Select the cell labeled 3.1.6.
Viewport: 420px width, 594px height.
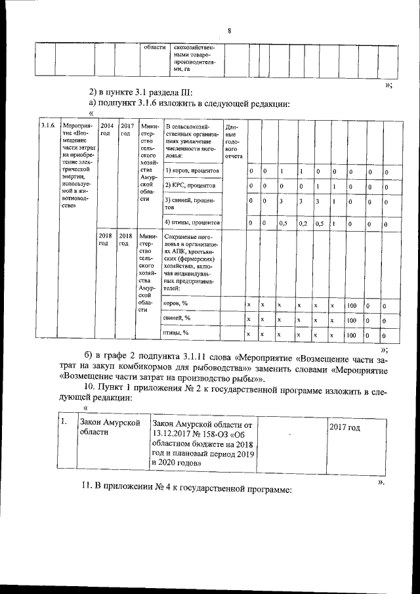coord(47,125)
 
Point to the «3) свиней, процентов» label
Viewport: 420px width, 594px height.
coord(190,203)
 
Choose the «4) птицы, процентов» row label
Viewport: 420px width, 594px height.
coord(191,223)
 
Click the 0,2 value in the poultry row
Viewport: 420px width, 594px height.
coord(303,224)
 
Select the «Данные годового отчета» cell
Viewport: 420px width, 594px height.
coord(234,141)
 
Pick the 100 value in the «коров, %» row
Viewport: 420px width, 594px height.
coord(352,305)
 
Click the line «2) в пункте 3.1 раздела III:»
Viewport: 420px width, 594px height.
coord(150,91)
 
